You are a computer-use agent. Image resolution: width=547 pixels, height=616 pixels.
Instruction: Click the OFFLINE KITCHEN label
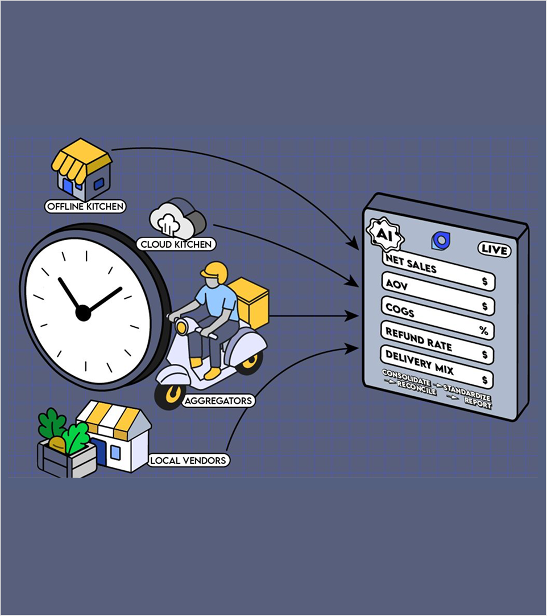tap(85, 206)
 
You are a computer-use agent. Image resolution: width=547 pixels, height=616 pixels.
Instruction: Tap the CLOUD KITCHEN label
tap(176, 245)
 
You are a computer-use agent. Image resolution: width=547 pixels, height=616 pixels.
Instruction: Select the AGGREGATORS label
tap(218, 401)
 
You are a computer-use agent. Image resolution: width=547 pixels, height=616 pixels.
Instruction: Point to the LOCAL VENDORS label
tap(188, 460)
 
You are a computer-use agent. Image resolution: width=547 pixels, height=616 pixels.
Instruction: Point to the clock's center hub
tap(83, 313)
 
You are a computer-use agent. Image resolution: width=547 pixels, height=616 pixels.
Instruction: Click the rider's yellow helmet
tap(214, 273)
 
